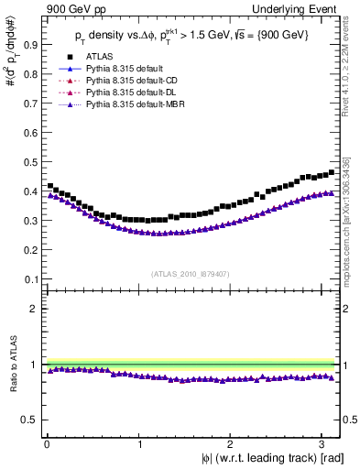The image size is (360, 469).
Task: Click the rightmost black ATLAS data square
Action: (x=332, y=172)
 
